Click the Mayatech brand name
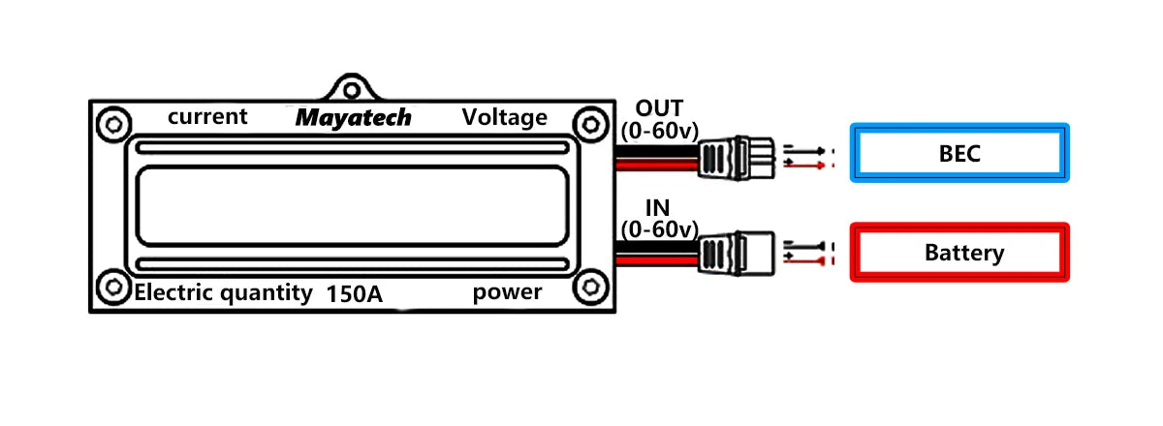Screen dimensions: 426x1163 (353, 118)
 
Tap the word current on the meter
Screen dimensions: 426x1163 (207, 117)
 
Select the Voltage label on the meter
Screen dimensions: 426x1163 (504, 118)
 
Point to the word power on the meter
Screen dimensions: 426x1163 (507, 292)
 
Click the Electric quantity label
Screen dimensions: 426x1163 (224, 293)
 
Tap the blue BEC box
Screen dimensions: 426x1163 (959, 153)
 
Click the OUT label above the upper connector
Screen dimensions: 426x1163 (659, 107)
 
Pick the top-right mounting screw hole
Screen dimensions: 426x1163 (587, 123)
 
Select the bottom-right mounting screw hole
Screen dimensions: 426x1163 (587, 288)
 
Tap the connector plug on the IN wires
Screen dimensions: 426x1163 (737, 254)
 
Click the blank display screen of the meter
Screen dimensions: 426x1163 (351, 205)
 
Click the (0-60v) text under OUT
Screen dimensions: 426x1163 (659, 131)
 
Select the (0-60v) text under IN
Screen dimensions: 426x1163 (659, 230)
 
